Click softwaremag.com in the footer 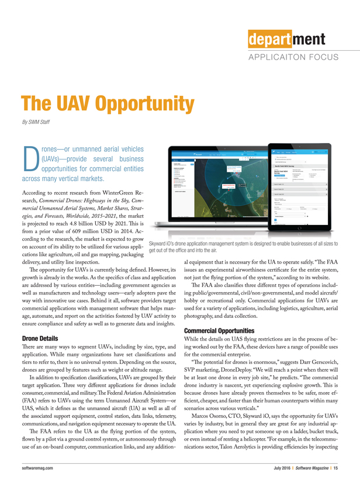[39, 468]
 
